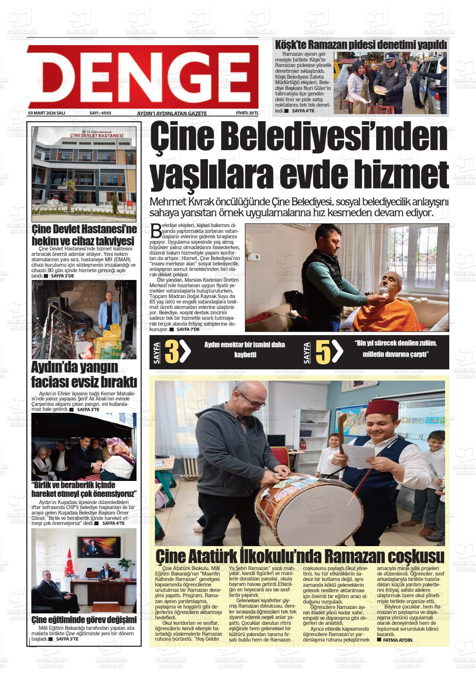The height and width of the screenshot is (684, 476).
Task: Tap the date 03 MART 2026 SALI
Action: [46, 113]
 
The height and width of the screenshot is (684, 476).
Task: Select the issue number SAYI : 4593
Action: [100, 113]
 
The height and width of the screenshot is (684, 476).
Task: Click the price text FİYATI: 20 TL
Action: [247, 113]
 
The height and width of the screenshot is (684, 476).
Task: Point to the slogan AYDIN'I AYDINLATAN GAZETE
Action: [172, 114]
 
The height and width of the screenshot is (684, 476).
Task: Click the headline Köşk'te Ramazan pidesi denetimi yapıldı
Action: [361, 45]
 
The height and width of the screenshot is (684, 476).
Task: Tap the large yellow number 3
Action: [172, 352]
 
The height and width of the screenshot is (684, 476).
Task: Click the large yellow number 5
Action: [323, 352]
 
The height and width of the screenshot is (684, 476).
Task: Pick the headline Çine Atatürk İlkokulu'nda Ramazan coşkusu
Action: [299, 557]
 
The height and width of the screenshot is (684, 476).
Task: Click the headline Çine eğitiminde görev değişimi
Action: [84, 619]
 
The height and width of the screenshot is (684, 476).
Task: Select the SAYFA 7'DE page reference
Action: [187, 329]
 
